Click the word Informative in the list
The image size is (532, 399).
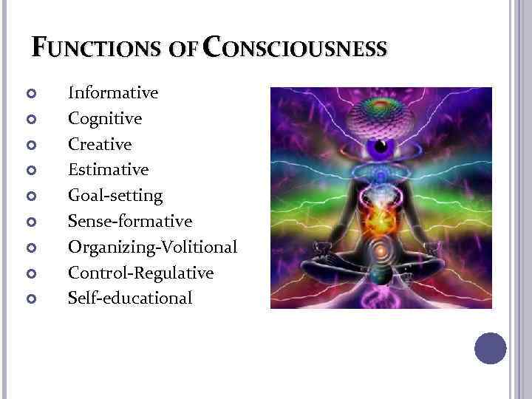(x=113, y=93)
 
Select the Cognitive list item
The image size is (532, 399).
(x=105, y=118)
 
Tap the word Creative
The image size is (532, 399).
(x=100, y=144)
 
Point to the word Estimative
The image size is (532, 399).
(x=108, y=170)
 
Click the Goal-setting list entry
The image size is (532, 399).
(x=115, y=196)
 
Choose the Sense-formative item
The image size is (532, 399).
(x=130, y=221)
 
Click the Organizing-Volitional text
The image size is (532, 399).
(x=152, y=247)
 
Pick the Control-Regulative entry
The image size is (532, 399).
(x=140, y=273)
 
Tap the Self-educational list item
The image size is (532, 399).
(x=130, y=298)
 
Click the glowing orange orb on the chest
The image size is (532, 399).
(x=381, y=219)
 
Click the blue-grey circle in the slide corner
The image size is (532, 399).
(x=490, y=348)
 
